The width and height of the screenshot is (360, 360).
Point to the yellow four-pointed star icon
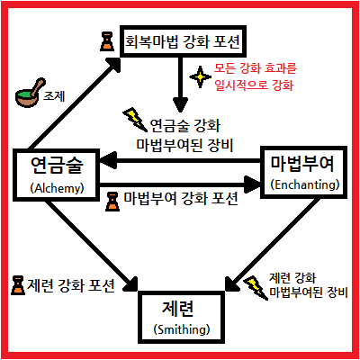[201, 77]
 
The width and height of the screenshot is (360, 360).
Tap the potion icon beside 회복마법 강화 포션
[107, 41]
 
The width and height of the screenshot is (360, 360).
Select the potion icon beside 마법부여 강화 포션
[112, 202]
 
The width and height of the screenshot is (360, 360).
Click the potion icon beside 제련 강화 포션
[18, 285]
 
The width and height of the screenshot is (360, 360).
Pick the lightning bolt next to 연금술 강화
[135, 120]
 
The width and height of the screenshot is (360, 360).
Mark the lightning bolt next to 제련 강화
[256, 288]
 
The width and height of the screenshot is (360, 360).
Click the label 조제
[54, 96]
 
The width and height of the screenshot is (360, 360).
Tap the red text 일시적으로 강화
[254, 85]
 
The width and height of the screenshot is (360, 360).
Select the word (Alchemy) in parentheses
[57, 188]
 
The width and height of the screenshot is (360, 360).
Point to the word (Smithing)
[182, 329]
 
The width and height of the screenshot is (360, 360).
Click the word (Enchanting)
[305, 184]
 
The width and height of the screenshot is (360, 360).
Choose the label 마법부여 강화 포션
[181, 198]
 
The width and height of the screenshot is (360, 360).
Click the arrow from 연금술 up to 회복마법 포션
[75, 103]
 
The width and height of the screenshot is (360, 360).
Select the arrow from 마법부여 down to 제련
[273, 245]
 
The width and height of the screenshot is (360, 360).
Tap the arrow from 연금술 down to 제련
[92, 246]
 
